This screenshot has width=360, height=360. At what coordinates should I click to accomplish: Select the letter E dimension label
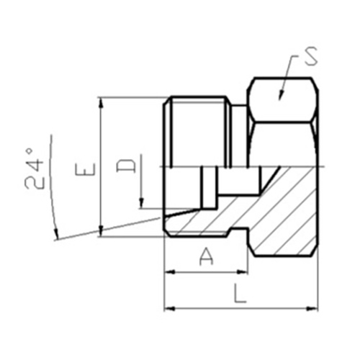pos(85,170)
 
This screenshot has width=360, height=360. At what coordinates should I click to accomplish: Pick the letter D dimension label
pos(127,167)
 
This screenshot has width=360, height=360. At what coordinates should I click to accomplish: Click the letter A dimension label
pos(206,256)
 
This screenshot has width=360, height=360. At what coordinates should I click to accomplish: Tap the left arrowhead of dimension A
pos(170,272)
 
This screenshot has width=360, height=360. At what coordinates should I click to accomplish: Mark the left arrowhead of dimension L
pos(170,309)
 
